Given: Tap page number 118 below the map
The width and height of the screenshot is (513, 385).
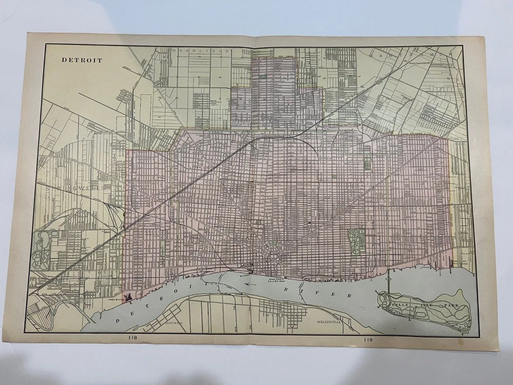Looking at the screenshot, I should tap(132, 337).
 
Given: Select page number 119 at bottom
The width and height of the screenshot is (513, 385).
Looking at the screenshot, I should tap(369, 338).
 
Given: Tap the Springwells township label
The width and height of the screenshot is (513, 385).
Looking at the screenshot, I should tap(75, 188).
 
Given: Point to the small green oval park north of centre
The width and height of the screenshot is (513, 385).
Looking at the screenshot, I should tap(367, 163).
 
